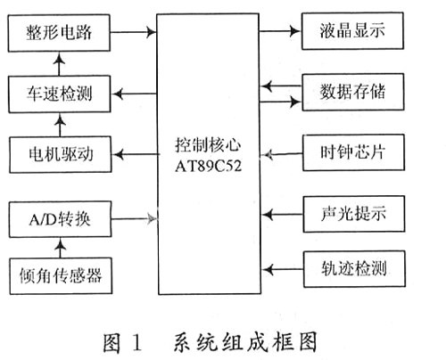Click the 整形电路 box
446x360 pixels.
[x=59, y=33]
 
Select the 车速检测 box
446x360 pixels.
[x=60, y=94]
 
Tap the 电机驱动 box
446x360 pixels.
[x=61, y=154]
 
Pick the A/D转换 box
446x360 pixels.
[x=61, y=219]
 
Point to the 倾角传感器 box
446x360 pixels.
[x=61, y=276]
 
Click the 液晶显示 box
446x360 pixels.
[x=352, y=31]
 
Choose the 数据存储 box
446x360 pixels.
[x=353, y=92]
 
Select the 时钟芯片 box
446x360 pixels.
[x=353, y=152]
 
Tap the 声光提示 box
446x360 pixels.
[x=354, y=214]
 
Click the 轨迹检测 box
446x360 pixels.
[x=354, y=269]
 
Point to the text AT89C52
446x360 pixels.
[x=208, y=167]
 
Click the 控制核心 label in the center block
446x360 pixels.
[x=208, y=145]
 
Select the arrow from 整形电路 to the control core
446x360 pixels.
[x=134, y=32]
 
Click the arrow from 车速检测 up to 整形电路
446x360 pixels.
[x=59, y=64]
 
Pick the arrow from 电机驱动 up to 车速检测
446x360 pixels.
[x=60, y=125]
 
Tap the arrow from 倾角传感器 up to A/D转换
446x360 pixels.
[x=61, y=248]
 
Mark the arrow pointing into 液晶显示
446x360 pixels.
[x=280, y=30]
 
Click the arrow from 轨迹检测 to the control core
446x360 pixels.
[x=283, y=270]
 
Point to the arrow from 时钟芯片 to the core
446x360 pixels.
[x=283, y=154]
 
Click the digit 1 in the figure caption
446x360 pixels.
[x=136, y=342]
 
